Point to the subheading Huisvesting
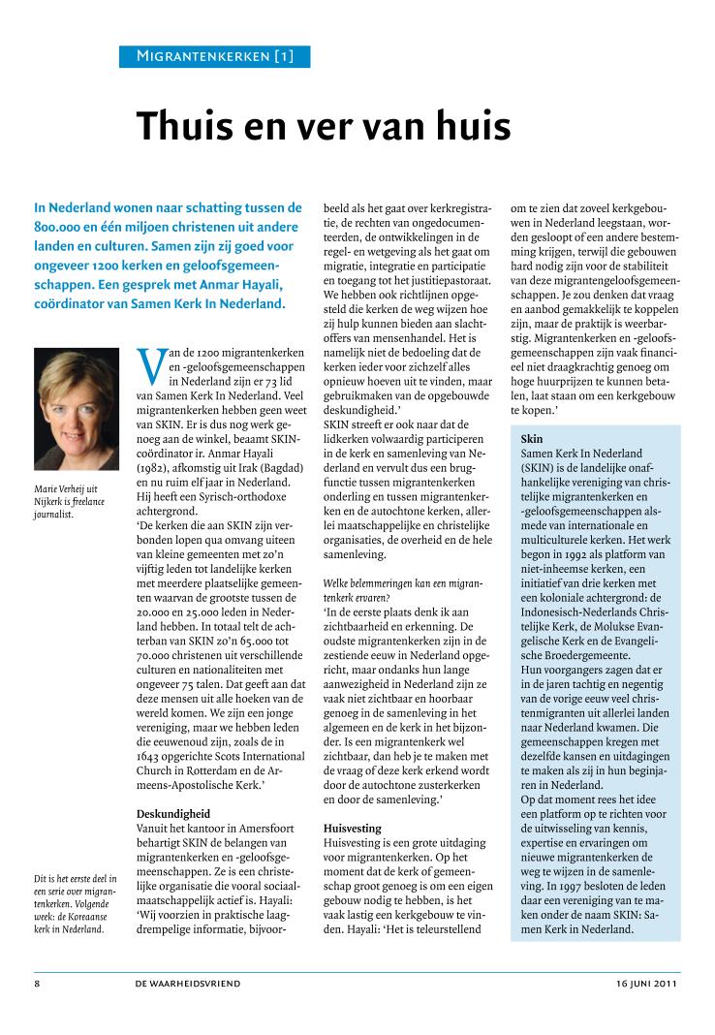(352, 829)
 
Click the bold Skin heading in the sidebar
(532, 439)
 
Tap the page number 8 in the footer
(36, 983)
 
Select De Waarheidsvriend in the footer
(188, 983)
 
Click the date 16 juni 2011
(647, 983)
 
